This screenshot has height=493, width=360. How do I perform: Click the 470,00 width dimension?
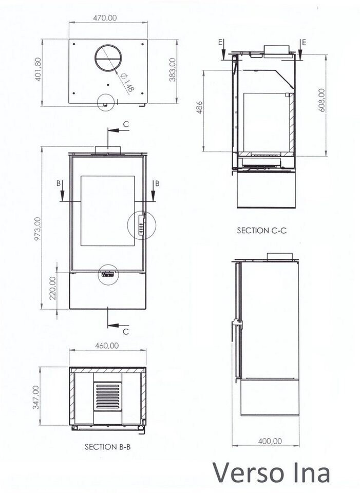pyautogui.click(x=105, y=18)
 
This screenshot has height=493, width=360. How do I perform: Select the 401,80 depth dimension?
pyautogui.click(x=37, y=69)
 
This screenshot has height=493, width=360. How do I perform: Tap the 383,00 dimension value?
pyautogui.click(x=173, y=70)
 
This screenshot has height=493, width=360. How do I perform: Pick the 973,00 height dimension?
pyautogui.click(x=37, y=229)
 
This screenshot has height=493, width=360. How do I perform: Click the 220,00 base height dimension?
pyautogui.click(x=53, y=288)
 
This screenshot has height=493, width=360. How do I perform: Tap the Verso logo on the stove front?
pyautogui.click(x=107, y=274)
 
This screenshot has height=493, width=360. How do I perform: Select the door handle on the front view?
pyautogui.click(x=142, y=224)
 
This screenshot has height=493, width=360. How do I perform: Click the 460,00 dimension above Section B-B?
pyautogui.click(x=107, y=346)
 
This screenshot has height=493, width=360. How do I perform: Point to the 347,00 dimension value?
pyautogui.click(x=36, y=397)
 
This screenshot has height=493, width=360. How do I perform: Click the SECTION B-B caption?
pyautogui.click(x=107, y=446)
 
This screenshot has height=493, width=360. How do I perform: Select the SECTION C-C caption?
pyautogui.click(x=262, y=231)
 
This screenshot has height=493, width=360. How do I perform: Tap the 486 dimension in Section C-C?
pyautogui.click(x=200, y=107)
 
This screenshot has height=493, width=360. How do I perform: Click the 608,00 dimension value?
pyautogui.click(x=321, y=101)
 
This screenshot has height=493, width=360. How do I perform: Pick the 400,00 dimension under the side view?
pyautogui.click(x=270, y=441)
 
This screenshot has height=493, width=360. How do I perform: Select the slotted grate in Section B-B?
pyautogui.click(x=107, y=396)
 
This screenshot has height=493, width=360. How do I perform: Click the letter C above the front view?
pyautogui.click(x=126, y=124)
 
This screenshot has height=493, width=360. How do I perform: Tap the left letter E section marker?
pyautogui.click(x=221, y=42)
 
